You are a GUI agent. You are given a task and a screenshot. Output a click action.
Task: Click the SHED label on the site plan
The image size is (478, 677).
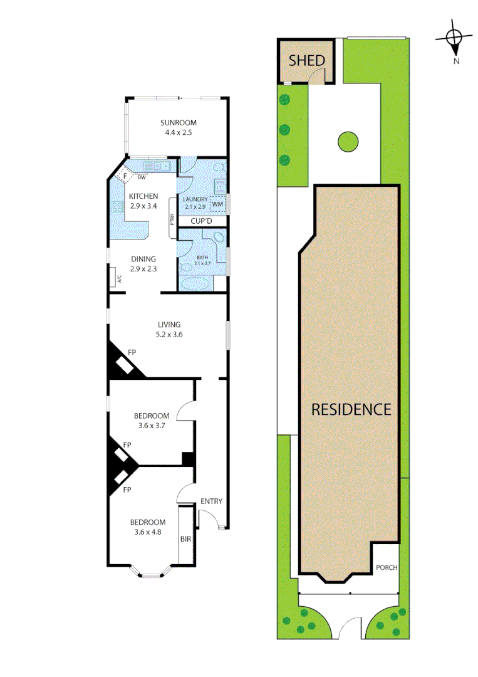306,61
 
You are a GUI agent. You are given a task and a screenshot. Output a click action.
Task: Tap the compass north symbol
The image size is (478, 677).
455,39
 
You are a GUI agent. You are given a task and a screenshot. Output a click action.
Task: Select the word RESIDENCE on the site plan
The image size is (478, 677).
351,409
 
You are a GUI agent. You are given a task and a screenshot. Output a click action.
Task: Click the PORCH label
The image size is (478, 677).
387,568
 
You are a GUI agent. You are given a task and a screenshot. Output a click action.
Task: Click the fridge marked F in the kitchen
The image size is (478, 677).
125,176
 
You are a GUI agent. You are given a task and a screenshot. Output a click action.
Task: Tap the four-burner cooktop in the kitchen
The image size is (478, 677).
117,209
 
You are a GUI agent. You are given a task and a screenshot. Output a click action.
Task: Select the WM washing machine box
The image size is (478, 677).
217,204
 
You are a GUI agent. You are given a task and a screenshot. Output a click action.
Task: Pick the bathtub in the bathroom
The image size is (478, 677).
196,284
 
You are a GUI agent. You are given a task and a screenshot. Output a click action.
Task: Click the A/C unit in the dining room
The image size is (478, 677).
117,277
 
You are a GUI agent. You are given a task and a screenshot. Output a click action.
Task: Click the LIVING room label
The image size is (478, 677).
169,325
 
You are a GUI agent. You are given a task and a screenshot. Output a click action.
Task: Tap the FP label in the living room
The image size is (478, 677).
132,353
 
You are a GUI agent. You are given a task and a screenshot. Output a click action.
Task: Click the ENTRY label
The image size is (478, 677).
211,501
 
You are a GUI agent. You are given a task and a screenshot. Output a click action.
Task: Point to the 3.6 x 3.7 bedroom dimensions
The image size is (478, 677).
152,426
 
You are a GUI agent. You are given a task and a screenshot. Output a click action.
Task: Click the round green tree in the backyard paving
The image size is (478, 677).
348,142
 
